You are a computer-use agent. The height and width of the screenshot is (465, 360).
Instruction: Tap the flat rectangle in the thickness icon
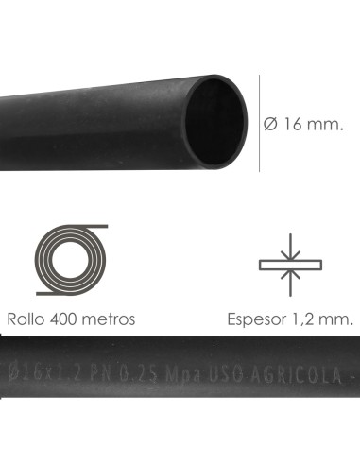coord(290,263)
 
